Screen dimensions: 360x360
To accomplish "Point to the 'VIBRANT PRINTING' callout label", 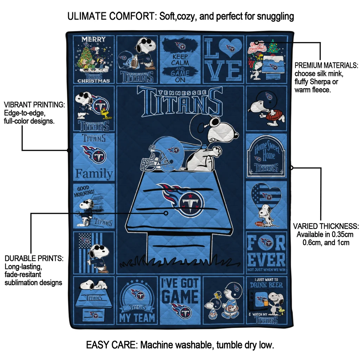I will [34, 105].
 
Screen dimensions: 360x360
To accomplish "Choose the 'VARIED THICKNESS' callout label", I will [326, 226].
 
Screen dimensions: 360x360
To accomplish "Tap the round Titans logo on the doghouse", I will [190, 204].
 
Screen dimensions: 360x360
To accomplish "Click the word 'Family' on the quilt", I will [94, 174].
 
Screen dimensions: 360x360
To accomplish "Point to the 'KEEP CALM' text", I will [180, 59].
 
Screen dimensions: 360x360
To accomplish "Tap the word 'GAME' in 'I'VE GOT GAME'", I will [180, 296].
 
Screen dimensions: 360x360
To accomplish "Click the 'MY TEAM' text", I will [137, 318].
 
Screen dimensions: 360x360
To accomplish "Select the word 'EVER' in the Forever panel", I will [266, 260].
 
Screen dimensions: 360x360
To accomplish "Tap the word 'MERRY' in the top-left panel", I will [94, 39].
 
